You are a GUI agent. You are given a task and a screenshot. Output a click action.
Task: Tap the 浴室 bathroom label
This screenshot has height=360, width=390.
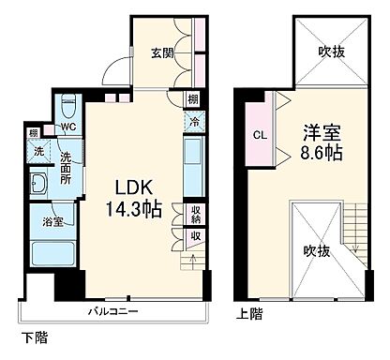click(x=52, y=222)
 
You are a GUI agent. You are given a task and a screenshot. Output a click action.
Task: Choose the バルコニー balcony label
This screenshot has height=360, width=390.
click(x=114, y=310)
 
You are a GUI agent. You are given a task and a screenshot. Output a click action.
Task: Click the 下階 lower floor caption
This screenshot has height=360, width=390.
click(x=33, y=335)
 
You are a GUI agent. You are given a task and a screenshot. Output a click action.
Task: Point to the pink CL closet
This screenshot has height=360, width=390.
click(x=258, y=133)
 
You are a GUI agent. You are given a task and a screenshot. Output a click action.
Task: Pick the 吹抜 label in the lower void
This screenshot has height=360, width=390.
click(x=315, y=251)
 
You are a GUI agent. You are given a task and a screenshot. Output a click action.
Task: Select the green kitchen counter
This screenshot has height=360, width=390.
click(x=192, y=163)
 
